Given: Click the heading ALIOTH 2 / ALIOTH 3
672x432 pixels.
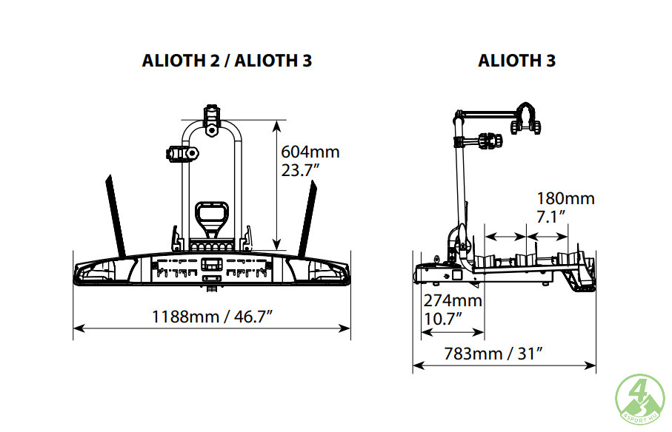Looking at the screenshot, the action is pos(227,61).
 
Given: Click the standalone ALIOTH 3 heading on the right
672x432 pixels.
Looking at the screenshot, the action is pos(517,61).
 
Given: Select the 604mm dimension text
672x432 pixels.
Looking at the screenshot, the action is pos(310,152).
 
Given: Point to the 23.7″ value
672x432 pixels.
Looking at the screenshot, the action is pos(300,170).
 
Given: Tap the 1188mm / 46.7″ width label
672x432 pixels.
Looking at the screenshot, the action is pos(213,317).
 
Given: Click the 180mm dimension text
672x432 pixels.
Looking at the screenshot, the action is pos(566,198).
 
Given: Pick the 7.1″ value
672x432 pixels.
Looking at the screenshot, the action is pos(551,217).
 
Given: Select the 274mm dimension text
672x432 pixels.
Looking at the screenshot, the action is pos(453,300).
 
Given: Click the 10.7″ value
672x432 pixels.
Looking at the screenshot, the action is pos(443,319).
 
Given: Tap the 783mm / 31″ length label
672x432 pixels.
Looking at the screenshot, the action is pos(493,354).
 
